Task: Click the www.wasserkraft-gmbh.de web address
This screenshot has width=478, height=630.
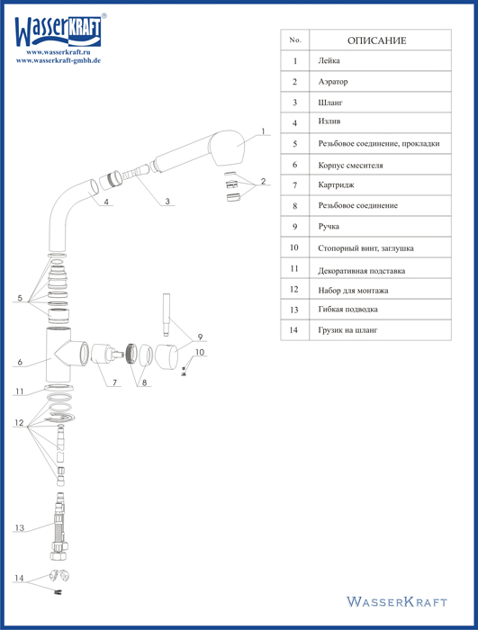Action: tap(59, 60)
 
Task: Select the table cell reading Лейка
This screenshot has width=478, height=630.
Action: tap(380, 60)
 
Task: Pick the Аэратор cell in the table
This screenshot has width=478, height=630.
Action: tap(380, 82)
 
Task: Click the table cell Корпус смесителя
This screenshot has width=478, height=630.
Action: tap(380, 165)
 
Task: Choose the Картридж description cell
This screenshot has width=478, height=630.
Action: tap(380, 185)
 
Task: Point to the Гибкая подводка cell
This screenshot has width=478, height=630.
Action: tap(380, 310)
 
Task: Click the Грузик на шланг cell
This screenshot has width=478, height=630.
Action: tap(380, 330)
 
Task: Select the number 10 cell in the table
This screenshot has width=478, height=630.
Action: tap(294, 247)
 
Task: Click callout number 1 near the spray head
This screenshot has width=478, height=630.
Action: tap(264, 131)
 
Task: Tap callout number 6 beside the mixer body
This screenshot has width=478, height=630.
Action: tap(20, 362)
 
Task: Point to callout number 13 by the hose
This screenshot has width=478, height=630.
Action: tap(19, 527)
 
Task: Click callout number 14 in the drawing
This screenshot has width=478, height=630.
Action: tap(19, 578)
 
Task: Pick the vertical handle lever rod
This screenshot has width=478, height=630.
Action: tap(166, 315)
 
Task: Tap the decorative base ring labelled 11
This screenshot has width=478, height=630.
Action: tap(59, 388)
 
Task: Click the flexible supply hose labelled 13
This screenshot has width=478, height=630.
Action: tap(59, 526)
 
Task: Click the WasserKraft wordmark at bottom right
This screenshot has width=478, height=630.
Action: tap(397, 601)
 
